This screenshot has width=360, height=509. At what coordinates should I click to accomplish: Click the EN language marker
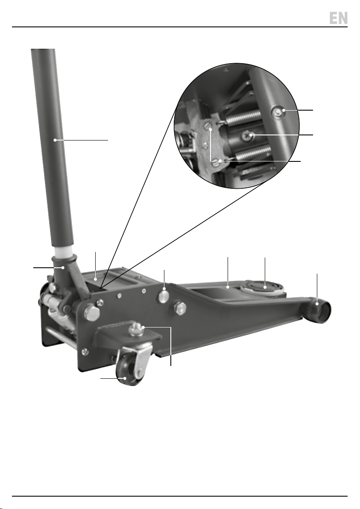tap(338, 18)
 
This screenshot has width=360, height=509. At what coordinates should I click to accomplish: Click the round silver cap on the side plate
tap(164, 296)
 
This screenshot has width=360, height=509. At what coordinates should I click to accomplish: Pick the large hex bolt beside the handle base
tap(92, 312)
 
